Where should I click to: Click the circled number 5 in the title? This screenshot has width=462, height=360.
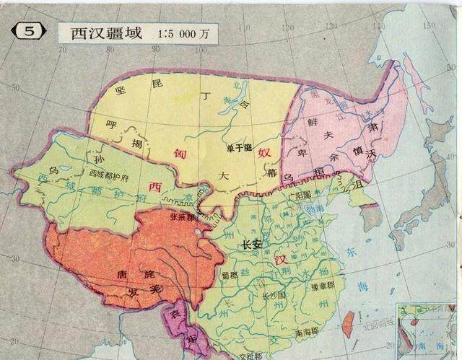pos(27,32)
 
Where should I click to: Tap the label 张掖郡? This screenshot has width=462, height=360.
pos(181,216)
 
